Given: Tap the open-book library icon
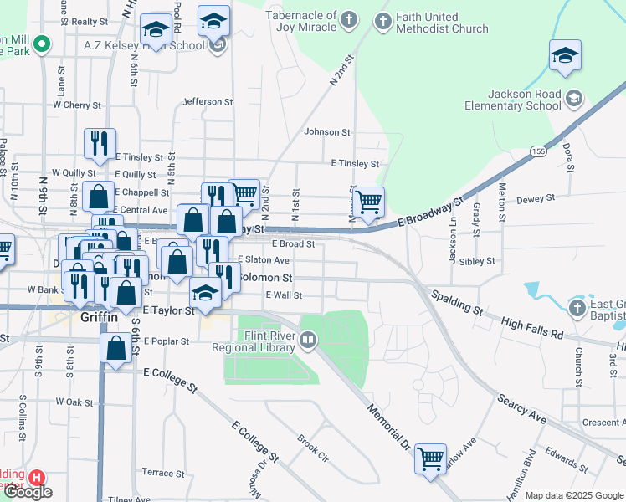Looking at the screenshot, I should [308, 340].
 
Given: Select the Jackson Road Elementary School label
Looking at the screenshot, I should [514, 100].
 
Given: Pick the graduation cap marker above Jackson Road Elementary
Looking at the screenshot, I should [565, 57].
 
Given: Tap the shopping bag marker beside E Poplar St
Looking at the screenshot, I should [115, 348].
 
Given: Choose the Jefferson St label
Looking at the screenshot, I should [208, 101].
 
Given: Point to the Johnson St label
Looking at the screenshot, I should [326, 131].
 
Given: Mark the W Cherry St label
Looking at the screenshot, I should [77, 105].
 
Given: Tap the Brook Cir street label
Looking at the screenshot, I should [312, 446].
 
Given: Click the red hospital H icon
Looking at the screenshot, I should [36, 478].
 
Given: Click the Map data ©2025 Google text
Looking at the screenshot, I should [574, 495].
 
